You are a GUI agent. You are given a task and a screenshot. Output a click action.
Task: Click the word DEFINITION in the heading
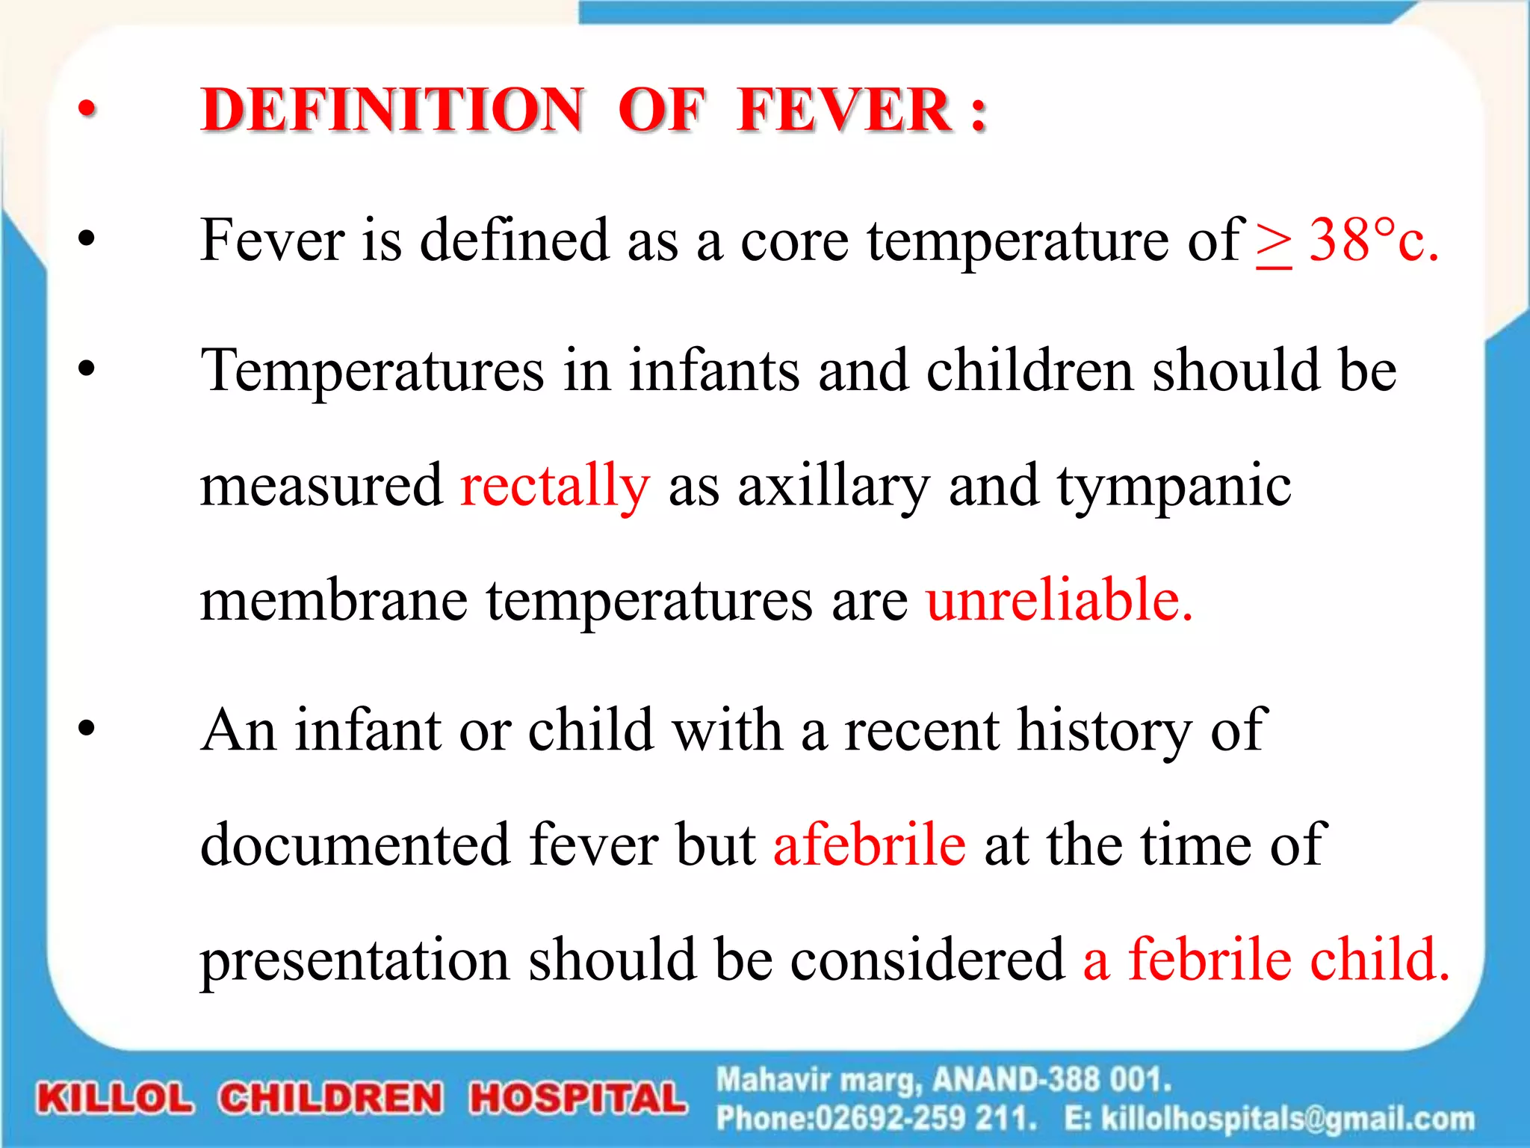pyautogui.click(x=391, y=110)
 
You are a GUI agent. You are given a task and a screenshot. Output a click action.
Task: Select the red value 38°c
pyautogui.click(x=1373, y=241)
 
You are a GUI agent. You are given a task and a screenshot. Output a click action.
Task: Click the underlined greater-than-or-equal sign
pyautogui.click(x=1273, y=244)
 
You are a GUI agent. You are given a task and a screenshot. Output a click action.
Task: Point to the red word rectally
pyautogui.click(x=555, y=487)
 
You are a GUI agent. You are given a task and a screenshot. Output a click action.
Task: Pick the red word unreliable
pyautogui.click(x=1059, y=600)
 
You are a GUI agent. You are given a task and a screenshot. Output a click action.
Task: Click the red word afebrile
pyautogui.click(x=870, y=845)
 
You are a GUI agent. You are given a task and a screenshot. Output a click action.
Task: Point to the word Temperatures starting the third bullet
pyautogui.click(x=372, y=371)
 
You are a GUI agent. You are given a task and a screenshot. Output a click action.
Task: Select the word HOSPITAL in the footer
pyautogui.click(x=577, y=1099)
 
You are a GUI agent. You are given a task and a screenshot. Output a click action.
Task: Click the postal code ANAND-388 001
pyautogui.click(x=1052, y=1080)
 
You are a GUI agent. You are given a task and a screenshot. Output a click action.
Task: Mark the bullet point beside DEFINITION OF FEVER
pyautogui.click(x=87, y=110)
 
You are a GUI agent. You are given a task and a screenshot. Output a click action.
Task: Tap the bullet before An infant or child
pyautogui.click(x=87, y=728)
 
